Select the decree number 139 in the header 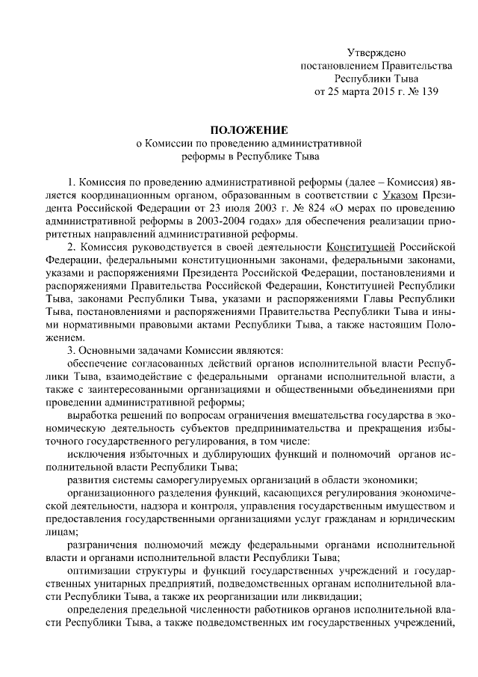427,92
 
